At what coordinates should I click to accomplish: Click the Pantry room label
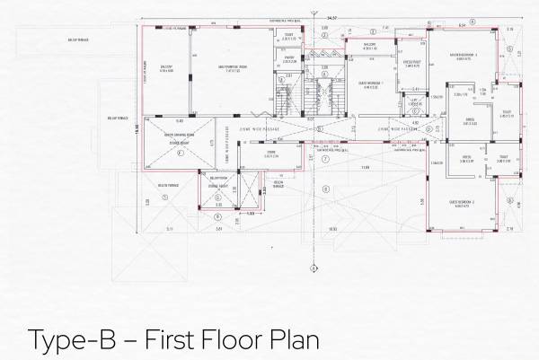(x=290, y=61)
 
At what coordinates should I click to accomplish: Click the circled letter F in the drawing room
(x=181, y=153)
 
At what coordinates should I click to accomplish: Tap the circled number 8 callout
(x=300, y=189)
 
